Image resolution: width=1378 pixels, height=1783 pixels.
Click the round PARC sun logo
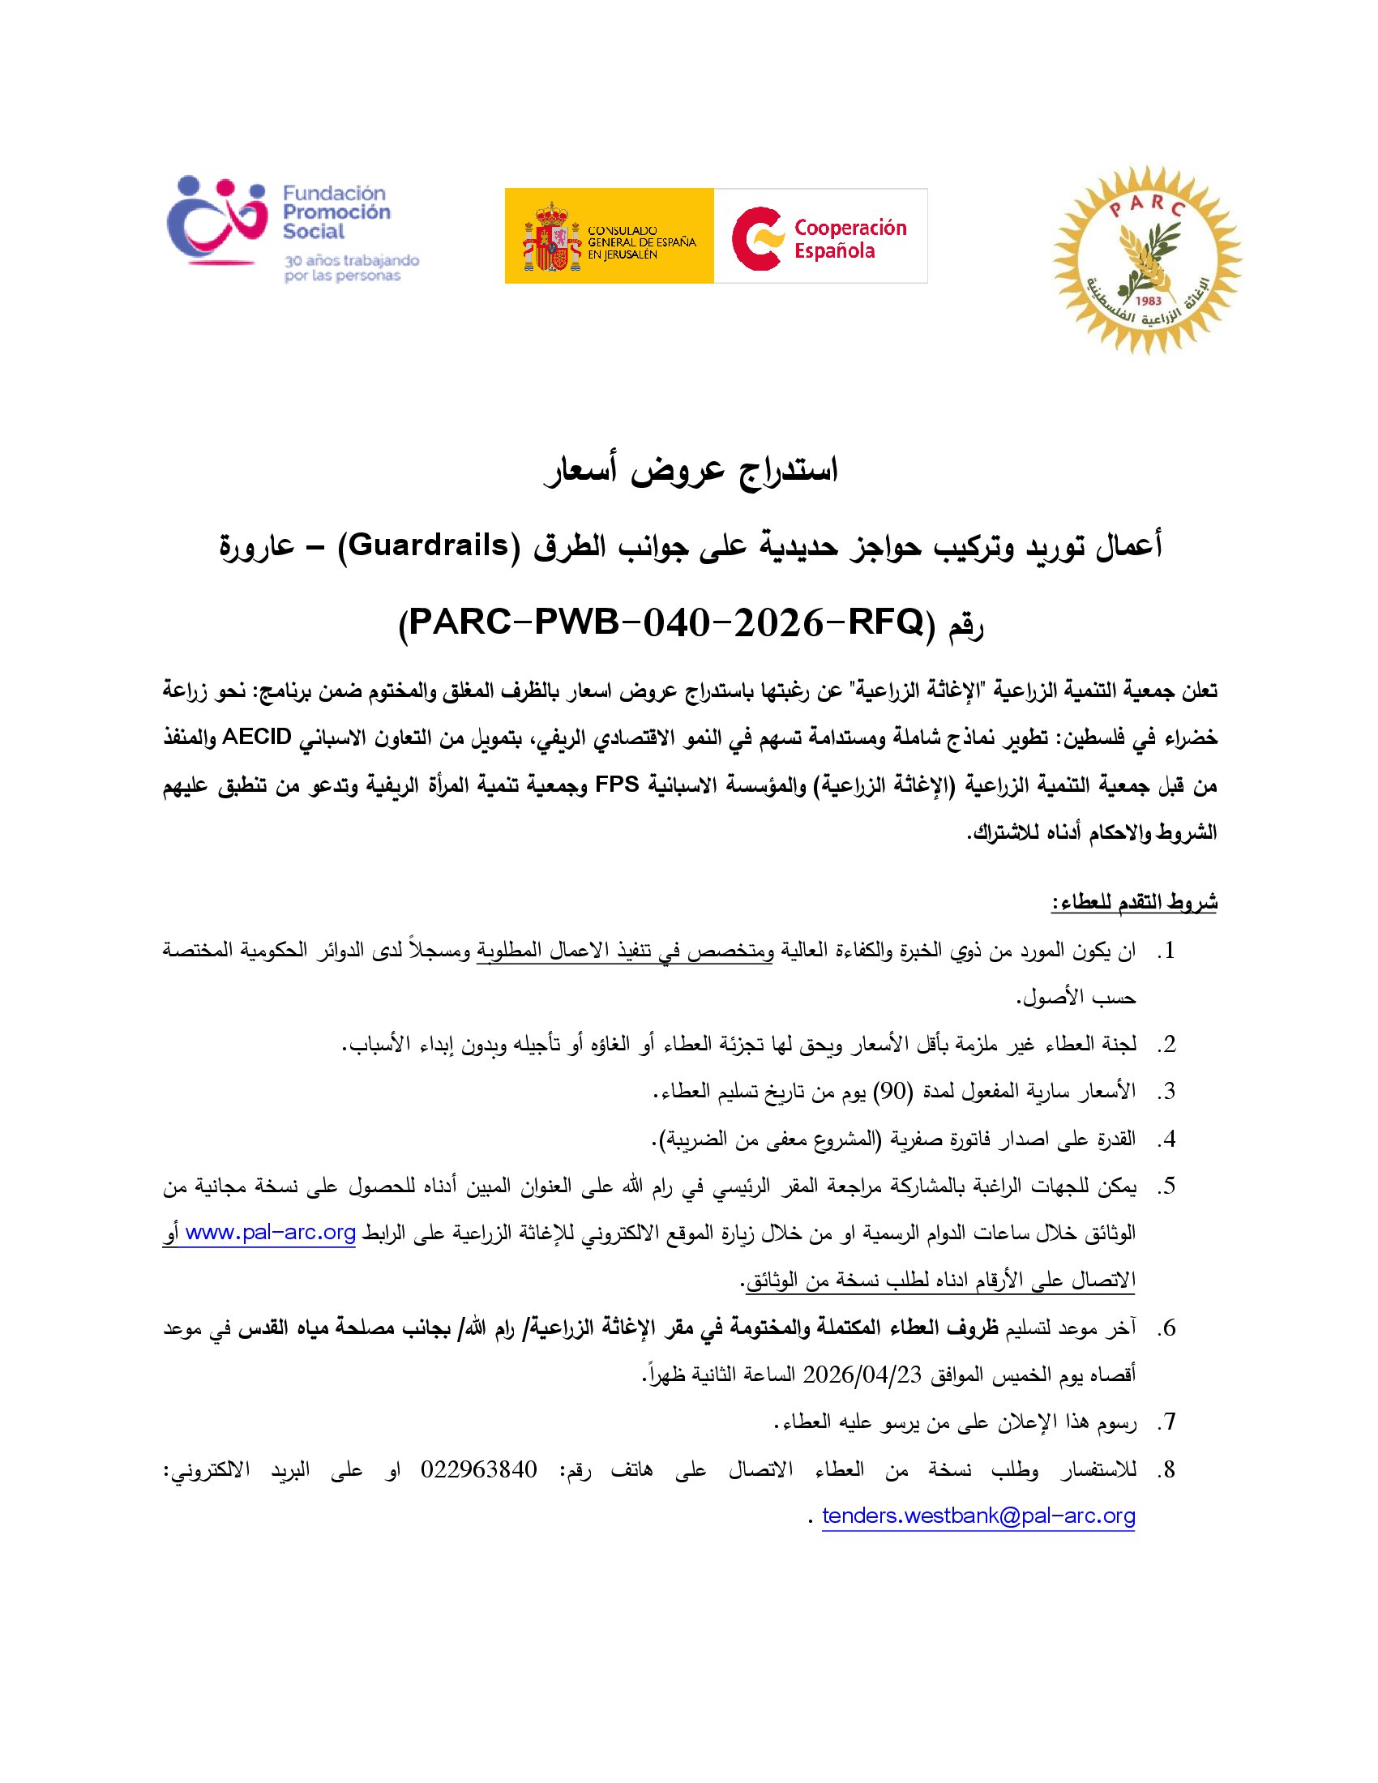(x=1147, y=260)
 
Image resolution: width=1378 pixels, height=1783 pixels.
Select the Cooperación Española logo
(x=820, y=237)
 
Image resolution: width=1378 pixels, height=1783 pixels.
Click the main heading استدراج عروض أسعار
(x=690, y=471)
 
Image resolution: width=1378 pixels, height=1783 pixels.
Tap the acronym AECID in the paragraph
(x=256, y=738)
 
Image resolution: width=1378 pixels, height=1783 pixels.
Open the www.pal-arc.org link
(x=270, y=1232)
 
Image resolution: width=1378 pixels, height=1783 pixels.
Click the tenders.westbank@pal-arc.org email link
(x=978, y=1516)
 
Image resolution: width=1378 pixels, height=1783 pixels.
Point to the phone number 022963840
(x=478, y=1469)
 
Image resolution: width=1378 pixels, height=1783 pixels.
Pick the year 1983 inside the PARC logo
(x=1148, y=301)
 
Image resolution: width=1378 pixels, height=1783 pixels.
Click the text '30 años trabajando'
(x=351, y=260)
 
